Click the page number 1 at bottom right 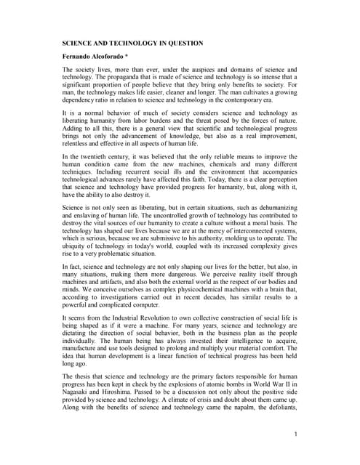point(297,434)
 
